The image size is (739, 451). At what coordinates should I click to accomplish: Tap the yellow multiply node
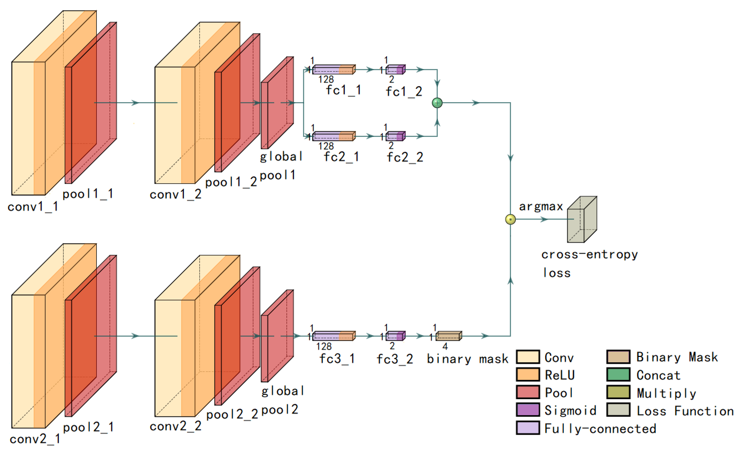(x=510, y=219)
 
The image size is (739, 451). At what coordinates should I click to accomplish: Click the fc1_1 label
(x=343, y=90)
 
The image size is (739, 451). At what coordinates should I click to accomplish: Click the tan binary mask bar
(x=448, y=336)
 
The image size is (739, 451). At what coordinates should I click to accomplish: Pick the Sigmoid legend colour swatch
(x=528, y=410)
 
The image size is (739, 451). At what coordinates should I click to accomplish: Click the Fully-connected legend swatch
(x=528, y=428)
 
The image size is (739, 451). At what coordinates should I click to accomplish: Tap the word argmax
(x=541, y=206)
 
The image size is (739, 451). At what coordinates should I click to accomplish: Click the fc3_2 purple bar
(x=395, y=336)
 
